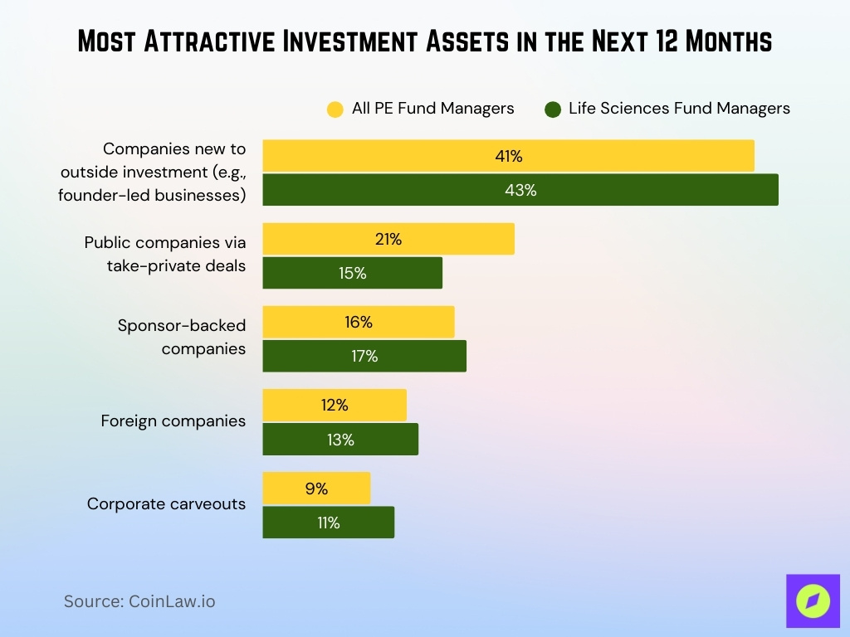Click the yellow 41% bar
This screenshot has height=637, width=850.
pos(508,156)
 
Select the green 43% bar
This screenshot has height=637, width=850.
pos(520,190)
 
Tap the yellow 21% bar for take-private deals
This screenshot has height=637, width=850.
pos(388,239)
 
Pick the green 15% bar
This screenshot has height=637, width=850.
pos(352,273)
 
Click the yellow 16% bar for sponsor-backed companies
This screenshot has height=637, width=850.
pos(359,322)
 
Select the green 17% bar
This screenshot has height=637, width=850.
pos(364,356)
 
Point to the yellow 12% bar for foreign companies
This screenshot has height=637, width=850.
pos(335,406)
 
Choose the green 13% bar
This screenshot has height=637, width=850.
pos(340,440)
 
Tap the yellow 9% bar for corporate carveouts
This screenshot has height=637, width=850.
pos(316,489)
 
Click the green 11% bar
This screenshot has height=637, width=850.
pos(328,523)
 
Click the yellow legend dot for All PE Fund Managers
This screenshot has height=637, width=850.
pos(335,109)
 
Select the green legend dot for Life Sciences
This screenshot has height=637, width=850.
pos(553,109)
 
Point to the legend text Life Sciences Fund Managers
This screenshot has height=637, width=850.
pos(679,109)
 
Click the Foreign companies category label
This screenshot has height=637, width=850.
pos(173,421)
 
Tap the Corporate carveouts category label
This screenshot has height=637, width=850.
pos(166,504)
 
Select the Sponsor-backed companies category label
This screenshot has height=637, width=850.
pos(182,337)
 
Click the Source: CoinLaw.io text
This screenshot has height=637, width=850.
pos(139,601)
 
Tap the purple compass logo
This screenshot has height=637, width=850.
pos(813,601)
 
